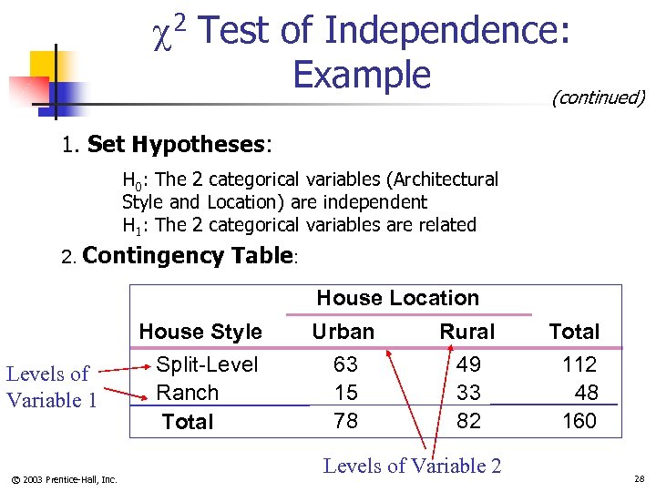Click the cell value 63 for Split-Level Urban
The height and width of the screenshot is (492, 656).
[x=345, y=364]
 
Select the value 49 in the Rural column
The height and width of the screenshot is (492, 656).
[x=468, y=364]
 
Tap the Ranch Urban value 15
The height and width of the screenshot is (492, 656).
[x=345, y=393]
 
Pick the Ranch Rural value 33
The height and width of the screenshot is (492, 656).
[x=468, y=393]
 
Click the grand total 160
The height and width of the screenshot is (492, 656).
[x=579, y=421]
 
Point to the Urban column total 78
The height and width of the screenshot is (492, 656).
[x=345, y=421]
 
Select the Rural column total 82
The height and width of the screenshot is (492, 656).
[x=468, y=421]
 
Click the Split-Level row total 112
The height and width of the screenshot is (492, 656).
[x=579, y=364]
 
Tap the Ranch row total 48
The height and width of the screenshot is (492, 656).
[x=586, y=393]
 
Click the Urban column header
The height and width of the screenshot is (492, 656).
[x=343, y=332]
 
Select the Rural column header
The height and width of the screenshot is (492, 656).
[x=467, y=332]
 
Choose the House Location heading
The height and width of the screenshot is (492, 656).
[x=397, y=298]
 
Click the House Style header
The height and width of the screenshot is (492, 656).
[x=200, y=332]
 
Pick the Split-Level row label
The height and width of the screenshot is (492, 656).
[x=207, y=364]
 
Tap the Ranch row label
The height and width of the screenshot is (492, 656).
[x=188, y=393]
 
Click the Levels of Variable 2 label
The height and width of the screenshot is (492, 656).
[x=412, y=466]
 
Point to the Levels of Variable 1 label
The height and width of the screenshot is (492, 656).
[x=51, y=386]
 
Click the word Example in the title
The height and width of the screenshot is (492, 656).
[x=362, y=74]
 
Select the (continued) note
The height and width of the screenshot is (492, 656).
[x=598, y=97]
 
